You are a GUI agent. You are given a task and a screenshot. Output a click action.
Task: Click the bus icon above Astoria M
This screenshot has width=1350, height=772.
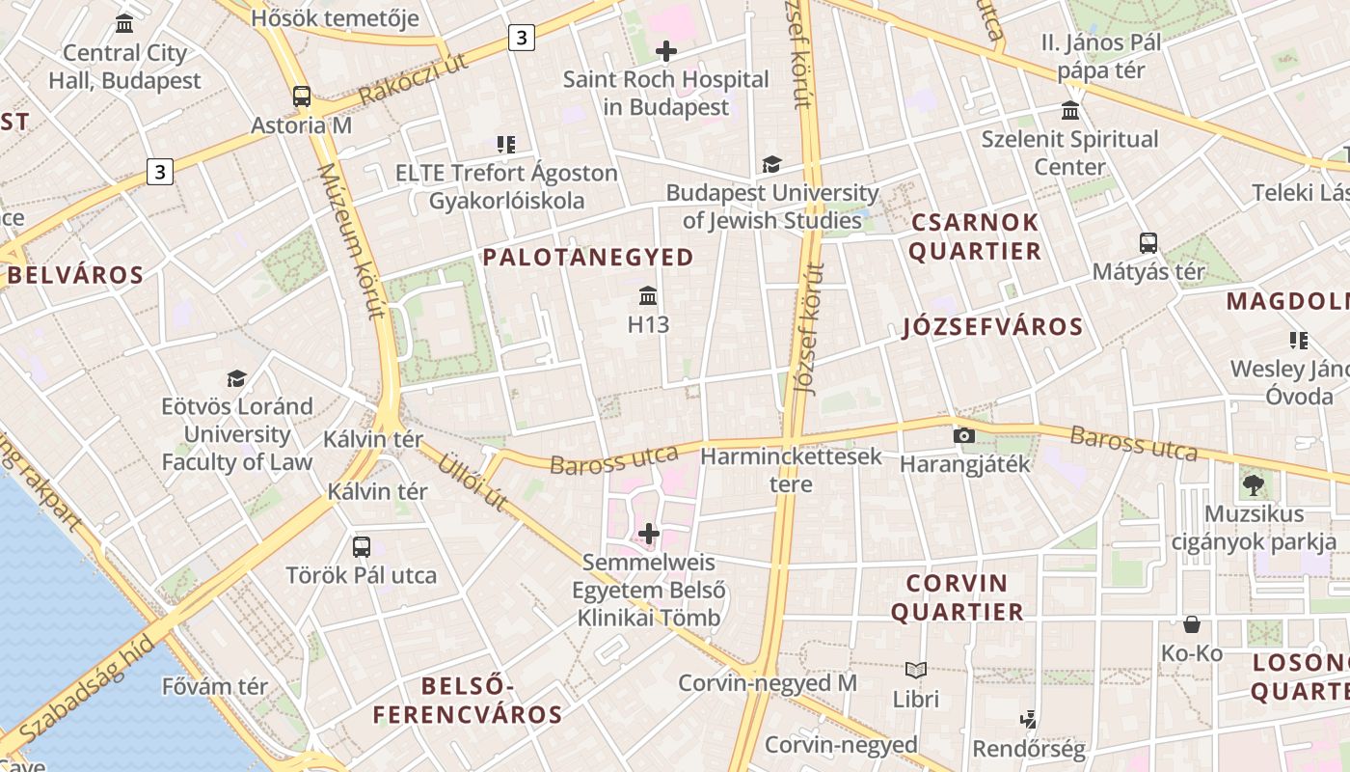point(302,96)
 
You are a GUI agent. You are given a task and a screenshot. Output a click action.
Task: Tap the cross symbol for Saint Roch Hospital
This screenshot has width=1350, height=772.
point(665,51)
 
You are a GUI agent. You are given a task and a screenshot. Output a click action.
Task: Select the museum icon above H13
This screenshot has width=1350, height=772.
point(648,295)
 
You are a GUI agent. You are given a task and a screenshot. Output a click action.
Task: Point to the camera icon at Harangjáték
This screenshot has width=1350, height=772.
point(963,436)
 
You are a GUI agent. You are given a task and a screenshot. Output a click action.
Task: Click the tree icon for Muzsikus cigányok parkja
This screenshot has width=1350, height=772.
point(1254,484)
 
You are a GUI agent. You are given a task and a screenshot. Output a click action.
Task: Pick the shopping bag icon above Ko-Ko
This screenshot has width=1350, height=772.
point(1192,624)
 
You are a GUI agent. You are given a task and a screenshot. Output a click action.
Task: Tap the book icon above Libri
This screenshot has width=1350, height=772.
point(916,670)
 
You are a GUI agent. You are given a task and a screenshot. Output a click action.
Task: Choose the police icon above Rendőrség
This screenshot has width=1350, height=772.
point(1029,719)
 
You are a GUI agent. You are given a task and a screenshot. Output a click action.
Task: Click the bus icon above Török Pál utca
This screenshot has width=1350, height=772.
point(362,547)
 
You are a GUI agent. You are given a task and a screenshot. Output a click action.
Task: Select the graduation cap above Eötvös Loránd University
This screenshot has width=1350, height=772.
point(236,377)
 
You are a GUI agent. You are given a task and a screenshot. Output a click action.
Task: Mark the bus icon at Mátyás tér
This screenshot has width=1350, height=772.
point(1147,243)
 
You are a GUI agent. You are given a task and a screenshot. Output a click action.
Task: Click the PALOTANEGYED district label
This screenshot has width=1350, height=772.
point(588,258)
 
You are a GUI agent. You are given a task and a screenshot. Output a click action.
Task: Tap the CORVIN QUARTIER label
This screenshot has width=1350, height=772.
point(958,597)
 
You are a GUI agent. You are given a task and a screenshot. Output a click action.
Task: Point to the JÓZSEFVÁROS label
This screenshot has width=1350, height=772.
point(993,327)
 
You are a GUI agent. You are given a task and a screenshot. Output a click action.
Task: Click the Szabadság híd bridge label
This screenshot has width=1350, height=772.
point(87,690)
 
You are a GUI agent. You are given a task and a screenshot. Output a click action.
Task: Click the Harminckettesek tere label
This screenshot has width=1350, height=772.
point(791,470)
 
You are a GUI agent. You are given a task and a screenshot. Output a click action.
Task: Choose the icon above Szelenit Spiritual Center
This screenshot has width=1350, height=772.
point(1070,110)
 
